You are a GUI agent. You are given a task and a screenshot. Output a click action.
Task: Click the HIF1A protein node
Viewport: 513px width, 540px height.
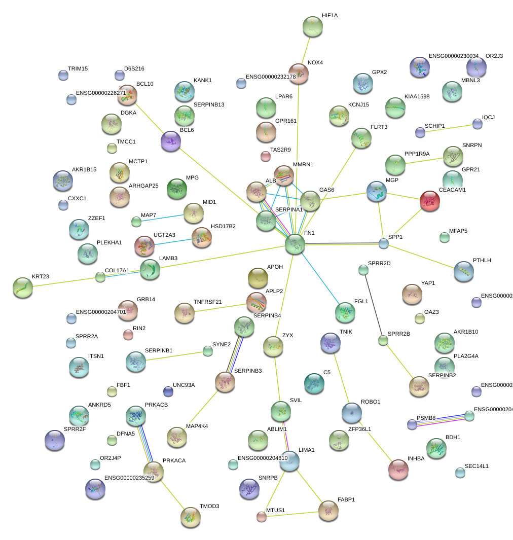click(x=312, y=26)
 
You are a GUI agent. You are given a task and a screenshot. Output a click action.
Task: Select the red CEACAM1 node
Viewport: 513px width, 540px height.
click(x=430, y=201)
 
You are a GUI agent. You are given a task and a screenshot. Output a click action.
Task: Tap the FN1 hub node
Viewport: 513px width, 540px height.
click(x=295, y=244)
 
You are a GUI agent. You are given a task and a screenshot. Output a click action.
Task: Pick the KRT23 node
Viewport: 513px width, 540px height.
click(x=23, y=287)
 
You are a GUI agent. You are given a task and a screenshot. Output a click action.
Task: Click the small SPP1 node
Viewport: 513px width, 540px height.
click(x=384, y=243)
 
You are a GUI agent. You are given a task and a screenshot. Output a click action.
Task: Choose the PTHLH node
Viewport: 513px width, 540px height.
click(x=463, y=271)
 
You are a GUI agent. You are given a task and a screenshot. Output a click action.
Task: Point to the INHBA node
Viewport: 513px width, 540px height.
click(x=398, y=470)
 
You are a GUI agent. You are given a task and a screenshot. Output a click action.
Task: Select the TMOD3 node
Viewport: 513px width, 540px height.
click(x=190, y=517)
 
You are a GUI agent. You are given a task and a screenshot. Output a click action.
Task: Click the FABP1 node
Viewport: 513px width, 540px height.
click(x=328, y=511)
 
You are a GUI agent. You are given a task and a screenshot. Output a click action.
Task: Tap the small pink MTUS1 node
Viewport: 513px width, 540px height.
click(x=261, y=517)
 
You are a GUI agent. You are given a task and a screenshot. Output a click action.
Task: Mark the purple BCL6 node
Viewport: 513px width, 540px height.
click(x=171, y=141)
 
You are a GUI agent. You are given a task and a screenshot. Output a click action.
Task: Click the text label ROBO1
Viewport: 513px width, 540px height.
click(x=370, y=402)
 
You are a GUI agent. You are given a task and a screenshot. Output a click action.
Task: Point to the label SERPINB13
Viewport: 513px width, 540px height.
click(x=209, y=104)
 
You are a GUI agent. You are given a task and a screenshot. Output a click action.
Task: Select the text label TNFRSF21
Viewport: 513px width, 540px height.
click(x=207, y=302)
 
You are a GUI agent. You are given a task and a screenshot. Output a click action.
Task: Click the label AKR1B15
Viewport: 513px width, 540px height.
click(x=84, y=169)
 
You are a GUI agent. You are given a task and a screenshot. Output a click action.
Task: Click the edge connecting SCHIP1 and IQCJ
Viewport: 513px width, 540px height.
click(x=449, y=128)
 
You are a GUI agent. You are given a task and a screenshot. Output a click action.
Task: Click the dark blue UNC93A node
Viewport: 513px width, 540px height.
click(x=168, y=391)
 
